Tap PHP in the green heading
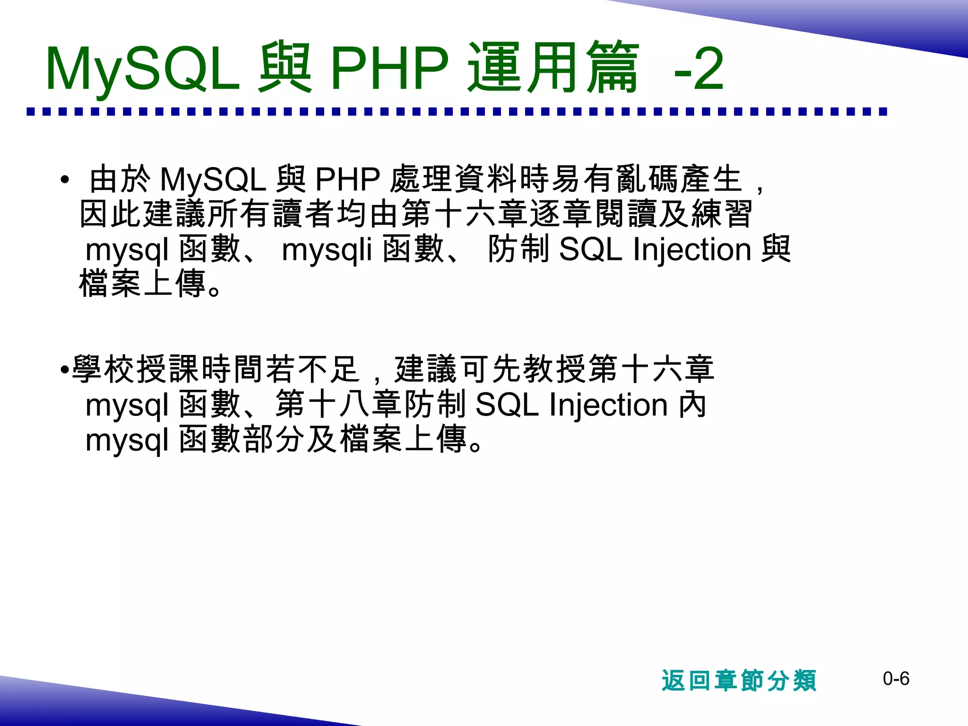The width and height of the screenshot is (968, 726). point(389,69)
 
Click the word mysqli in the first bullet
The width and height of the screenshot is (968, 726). point(326,250)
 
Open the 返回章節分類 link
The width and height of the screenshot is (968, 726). point(739,681)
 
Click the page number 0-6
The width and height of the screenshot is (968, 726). point(896,679)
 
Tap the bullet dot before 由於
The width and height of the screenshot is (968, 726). point(65,180)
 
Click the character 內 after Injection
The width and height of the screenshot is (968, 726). point(692,405)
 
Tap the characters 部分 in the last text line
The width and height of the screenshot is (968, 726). point(273,440)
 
